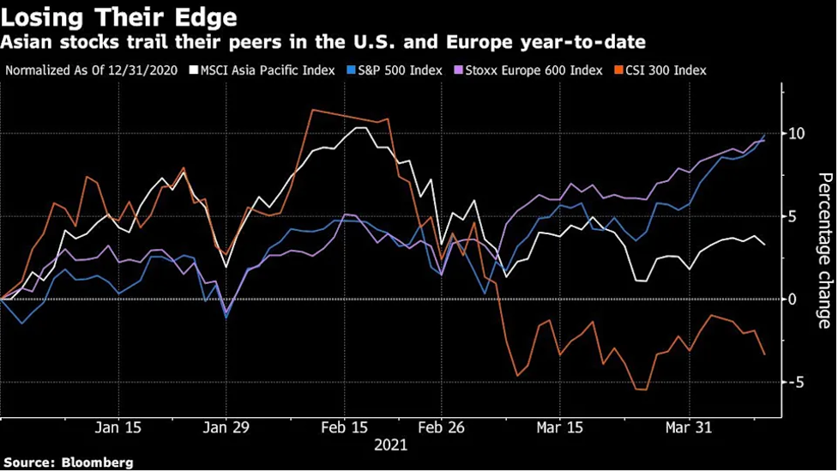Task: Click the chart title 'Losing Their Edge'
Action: (120, 17)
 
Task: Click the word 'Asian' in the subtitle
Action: (27, 43)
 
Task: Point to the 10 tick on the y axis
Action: (796, 134)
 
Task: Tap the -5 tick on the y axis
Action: (797, 383)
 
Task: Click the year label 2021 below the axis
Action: (390, 445)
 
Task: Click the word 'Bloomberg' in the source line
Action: (97, 463)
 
